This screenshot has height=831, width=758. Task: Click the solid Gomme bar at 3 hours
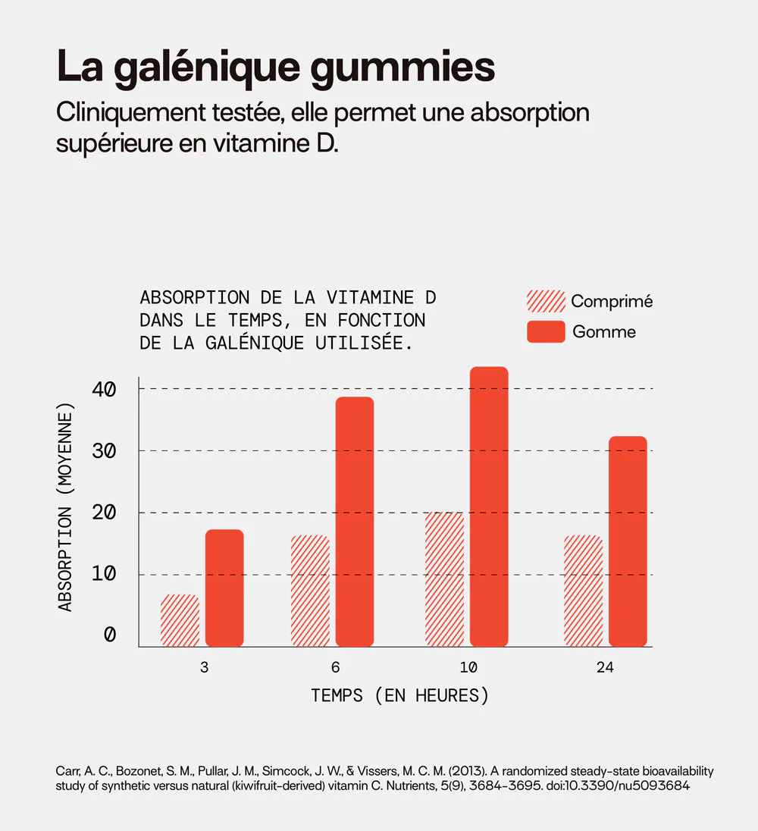click(224, 588)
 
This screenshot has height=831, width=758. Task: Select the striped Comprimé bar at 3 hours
click(180, 620)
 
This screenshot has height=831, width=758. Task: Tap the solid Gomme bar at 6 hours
click(355, 521)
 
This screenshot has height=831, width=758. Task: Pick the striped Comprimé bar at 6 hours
click(310, 591)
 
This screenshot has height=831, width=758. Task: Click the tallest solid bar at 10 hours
click(489, 506)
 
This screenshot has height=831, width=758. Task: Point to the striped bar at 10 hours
click(444, 579)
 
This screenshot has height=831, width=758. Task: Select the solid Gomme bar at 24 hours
click(628, 541)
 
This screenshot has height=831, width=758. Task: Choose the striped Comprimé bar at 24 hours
click(583, 591)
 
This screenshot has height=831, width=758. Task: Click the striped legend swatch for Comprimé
click(546, 301)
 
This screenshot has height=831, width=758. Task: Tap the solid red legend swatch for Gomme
click(546, 332)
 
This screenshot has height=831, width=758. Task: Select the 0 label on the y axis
click(110, 635)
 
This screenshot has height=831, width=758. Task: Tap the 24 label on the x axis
click(604, 668)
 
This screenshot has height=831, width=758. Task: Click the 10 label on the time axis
click(468, 668)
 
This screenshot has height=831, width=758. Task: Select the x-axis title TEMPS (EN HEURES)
click(399, 695)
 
